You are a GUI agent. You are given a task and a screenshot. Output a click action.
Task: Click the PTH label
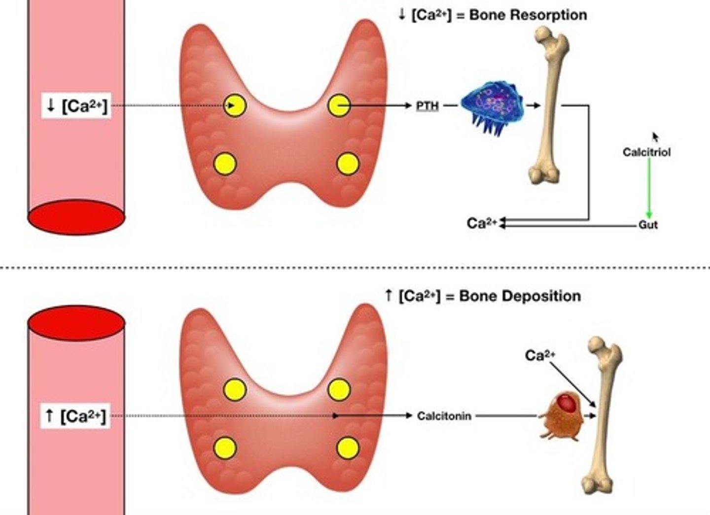427,105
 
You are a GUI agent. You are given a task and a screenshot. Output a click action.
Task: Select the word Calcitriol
646,152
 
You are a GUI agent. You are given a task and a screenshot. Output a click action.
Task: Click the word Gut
648,225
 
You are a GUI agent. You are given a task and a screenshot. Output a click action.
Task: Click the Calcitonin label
444,416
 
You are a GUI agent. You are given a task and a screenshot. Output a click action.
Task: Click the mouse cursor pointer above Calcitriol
655,136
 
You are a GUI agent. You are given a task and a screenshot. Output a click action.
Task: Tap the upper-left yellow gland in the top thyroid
235,105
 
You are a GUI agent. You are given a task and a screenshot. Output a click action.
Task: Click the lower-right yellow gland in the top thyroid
348,164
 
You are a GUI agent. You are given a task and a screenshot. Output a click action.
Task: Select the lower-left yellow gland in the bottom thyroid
225,448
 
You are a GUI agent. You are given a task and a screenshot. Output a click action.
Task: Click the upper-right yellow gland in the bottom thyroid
339,390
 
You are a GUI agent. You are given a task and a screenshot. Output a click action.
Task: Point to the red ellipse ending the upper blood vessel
76,217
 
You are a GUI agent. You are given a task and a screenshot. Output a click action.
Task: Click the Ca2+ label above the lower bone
540,355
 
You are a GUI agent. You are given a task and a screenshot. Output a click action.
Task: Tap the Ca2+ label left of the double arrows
482,223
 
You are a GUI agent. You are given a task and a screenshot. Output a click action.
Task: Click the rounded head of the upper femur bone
544,34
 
